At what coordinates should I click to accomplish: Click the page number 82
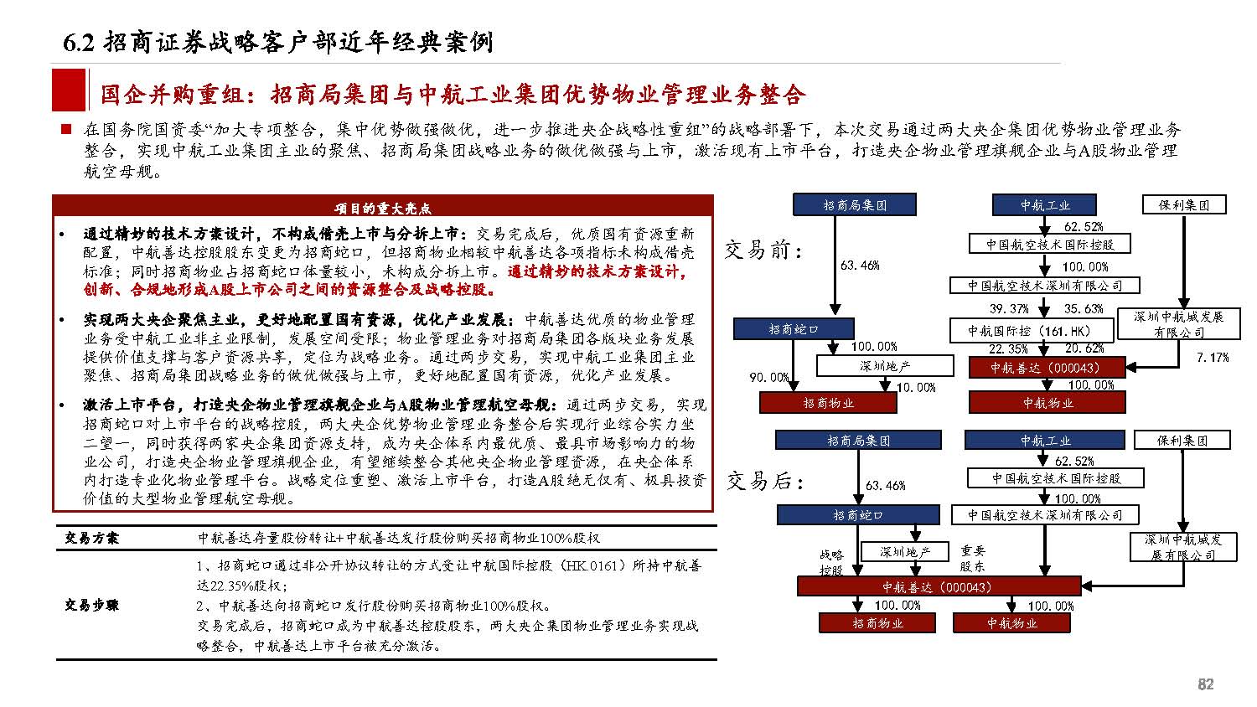point(1205,684)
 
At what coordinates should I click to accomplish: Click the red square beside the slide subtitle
point(68,90)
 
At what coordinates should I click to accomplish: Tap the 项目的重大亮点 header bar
point(382,208)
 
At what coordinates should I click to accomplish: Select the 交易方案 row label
point(91,538)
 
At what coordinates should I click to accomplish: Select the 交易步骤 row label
point(91,605)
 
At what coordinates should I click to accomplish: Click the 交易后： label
point(764,481)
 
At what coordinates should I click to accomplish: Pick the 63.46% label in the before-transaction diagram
point(860,265)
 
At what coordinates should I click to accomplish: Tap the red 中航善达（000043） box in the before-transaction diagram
point(1045,367)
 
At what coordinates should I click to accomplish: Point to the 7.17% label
point(1212,357)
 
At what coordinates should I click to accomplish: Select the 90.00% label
point(768,378)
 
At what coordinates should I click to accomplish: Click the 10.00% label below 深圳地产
point(915,387)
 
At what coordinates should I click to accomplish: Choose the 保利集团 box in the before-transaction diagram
point(1184,204)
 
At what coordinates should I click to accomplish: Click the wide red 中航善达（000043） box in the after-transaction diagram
point(937,586)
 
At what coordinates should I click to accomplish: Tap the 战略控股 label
point(830,562)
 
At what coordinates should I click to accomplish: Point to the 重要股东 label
point(973,558)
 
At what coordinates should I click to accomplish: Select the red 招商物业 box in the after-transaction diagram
point(877,623)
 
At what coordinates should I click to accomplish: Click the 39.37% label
point(1009,308)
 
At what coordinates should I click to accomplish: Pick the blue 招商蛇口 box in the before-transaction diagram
point(793,329)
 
